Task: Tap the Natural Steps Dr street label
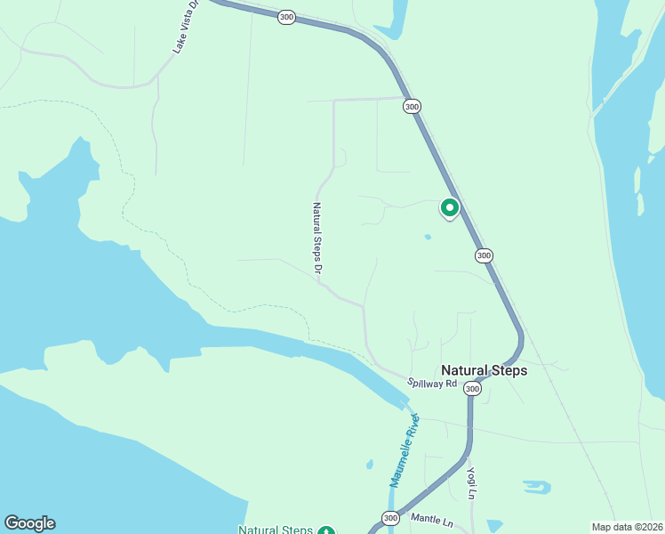point(316,237)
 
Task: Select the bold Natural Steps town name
point(485,370)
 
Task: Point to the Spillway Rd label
point(432,384)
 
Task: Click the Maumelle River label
point(403,454)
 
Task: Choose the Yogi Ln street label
point(472,481)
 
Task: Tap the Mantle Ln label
point(431,518)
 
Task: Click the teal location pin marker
point(450,208)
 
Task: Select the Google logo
point(29,523)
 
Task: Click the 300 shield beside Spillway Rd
point(472,389)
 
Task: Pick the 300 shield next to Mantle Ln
point(390,518)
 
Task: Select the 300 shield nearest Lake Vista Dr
point(285,17)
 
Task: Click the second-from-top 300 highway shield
point(411,106)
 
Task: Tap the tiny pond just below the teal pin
point(428,237)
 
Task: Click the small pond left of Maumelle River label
point(369,464)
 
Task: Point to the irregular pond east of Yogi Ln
point(536,487)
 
